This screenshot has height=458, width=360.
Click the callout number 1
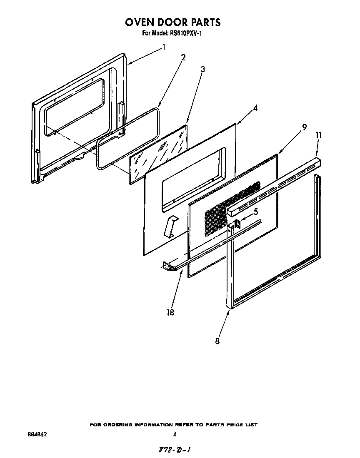(164, 47)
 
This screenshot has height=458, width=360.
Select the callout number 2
(183, 57)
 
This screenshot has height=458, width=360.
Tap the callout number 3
(202, 69)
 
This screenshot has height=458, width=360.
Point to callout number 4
(255, 108)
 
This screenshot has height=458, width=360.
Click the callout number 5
(255, 211)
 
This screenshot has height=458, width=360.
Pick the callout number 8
(217, 341)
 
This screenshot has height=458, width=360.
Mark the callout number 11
(318, 135)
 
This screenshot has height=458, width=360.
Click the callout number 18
(170, 312)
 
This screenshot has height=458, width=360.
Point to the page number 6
(175, 434)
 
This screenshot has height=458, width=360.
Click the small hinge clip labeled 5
(237, 224)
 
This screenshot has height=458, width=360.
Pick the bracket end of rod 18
(169, 266)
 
